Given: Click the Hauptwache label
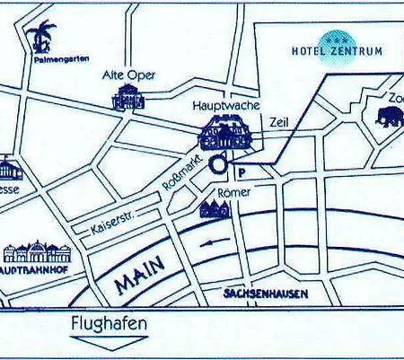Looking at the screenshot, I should pos(226,105).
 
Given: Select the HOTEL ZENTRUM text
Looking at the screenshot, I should pos(337,51).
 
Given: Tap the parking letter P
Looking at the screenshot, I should pos(241,171).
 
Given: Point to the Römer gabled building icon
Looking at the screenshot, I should pos(215,210).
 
